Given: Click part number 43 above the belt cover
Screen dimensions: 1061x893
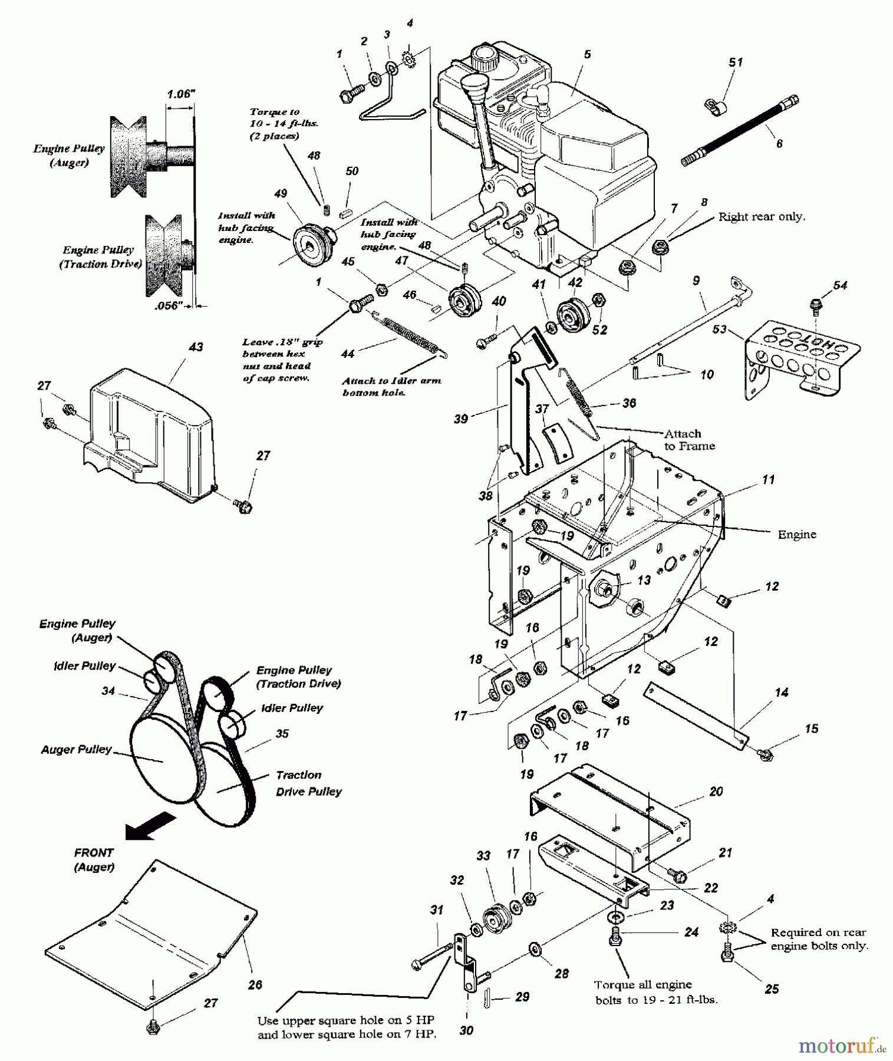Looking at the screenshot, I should click(x=195, y=348).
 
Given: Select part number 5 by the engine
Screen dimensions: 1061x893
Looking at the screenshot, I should click(x=587, y=54).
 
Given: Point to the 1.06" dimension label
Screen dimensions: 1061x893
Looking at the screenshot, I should click(x=181, y=94).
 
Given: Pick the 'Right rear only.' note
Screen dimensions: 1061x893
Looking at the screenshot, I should click(x=762, y=217).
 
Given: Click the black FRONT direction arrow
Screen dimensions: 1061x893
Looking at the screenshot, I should click(x=150, y=825).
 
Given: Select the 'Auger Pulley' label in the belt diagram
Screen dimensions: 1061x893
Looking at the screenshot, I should click(x=76, y=749).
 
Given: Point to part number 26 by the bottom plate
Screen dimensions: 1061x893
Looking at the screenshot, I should click(x=255, y=984).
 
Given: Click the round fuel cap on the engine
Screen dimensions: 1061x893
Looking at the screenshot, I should click(x=485, y=57).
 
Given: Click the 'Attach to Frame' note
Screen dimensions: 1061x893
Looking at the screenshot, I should click(x=689, y=440).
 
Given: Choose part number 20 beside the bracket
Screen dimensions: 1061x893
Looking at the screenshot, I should click(x=716, y=792).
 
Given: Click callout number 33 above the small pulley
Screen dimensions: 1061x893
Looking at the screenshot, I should click(x=483, y=855).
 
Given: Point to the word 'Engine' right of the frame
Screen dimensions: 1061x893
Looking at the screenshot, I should click(x=797, y=535).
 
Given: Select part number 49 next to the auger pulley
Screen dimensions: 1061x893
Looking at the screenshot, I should click(x=281, y=194).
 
